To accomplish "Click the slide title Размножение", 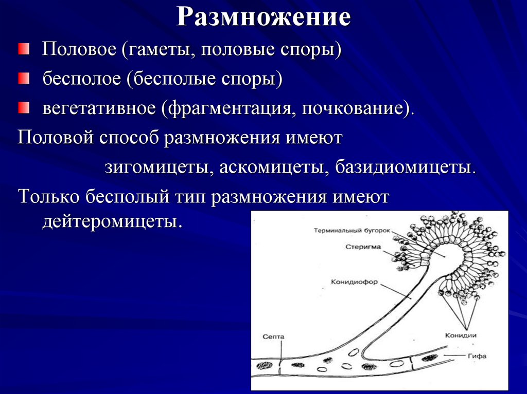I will click(x=263, y=17).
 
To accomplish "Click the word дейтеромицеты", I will click(x=112, y=221).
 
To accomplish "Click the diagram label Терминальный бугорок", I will click(x=353, y=231).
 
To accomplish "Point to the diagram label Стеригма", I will click(x=363, y=247).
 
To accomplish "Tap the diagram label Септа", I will click(x=273, y=336).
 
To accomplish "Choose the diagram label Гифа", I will click(x=477, y=355).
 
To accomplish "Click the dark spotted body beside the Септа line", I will click(x=264, y=366).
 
